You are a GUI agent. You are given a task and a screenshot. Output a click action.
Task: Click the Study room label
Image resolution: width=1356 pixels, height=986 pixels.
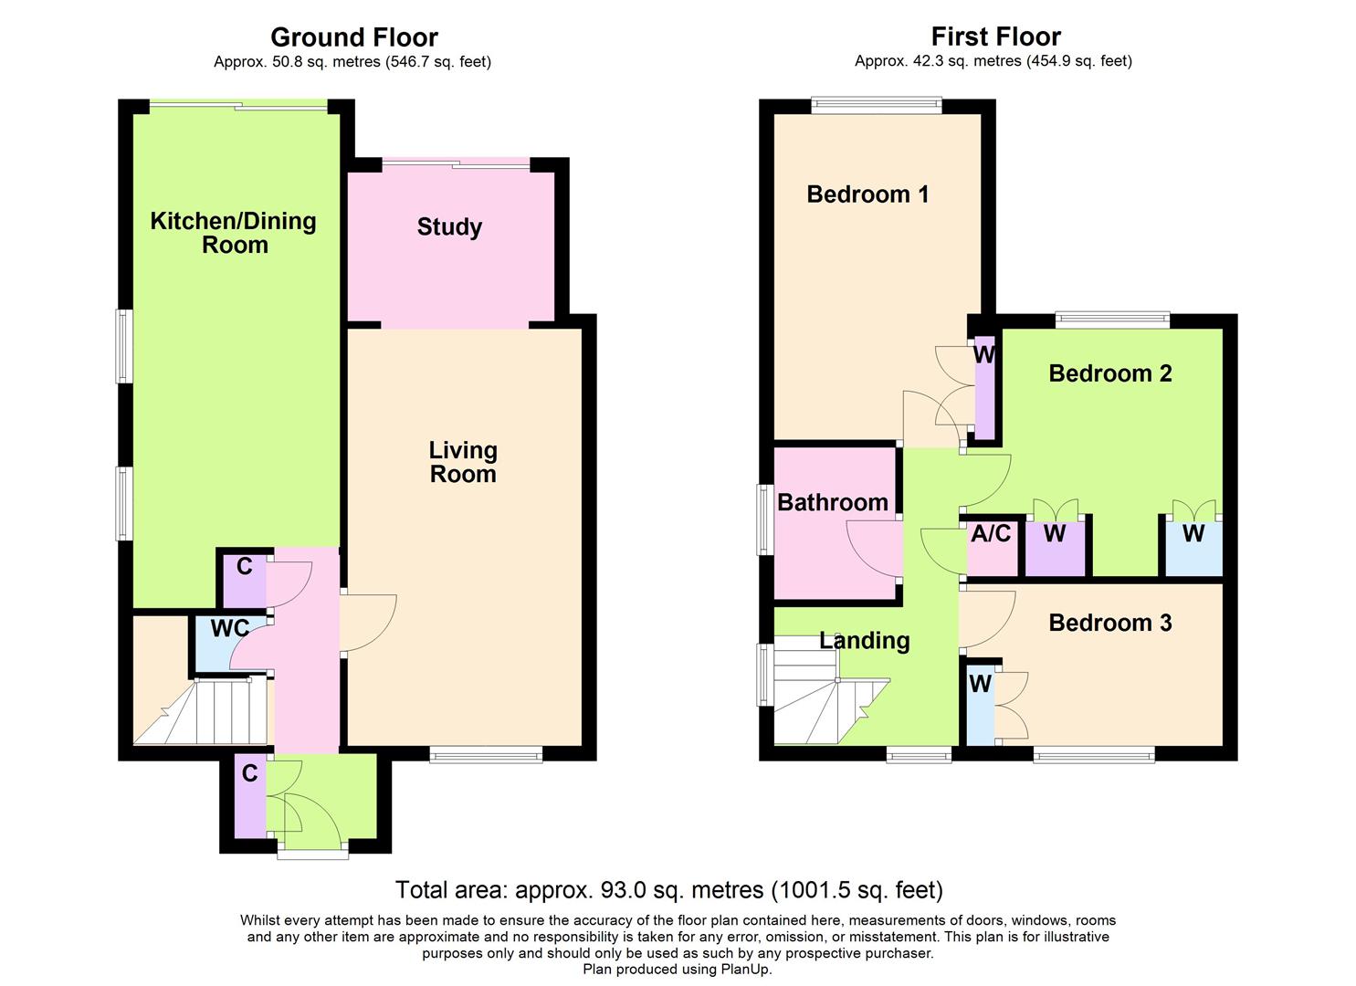click(449, 227)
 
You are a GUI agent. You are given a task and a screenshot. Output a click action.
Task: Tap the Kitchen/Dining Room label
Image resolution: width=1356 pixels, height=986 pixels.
click(234, 233)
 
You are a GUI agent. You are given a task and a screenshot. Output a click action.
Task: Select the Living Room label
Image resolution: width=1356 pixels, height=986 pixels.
click(463, 462)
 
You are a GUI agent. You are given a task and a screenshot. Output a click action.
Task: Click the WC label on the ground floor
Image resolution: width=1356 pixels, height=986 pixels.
click(229, 629)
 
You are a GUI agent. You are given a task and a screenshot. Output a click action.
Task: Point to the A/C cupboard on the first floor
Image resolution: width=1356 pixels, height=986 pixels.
click(991, 534)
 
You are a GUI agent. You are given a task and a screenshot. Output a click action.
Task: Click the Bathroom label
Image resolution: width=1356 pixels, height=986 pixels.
click(832, 502)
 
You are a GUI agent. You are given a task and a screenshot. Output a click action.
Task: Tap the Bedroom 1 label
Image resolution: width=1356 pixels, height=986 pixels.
click(867, 194)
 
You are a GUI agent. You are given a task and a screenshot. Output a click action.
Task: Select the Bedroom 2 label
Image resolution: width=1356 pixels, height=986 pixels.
click(1109, 373)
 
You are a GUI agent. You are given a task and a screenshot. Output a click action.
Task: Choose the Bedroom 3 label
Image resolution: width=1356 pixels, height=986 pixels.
click(1109, 623)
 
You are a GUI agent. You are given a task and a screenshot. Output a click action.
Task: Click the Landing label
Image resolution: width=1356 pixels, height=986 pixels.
click(864, 641)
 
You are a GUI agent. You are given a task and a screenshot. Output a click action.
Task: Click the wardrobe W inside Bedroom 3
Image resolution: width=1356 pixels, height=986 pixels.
click(980, 685)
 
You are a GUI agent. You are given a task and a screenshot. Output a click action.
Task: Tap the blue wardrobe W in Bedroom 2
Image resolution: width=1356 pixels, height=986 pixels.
click(1193, 535)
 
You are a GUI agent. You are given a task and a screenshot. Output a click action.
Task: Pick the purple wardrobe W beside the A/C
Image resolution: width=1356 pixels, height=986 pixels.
click(1055, 535)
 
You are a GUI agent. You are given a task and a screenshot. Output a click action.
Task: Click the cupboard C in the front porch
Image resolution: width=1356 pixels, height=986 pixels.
click(249, 774)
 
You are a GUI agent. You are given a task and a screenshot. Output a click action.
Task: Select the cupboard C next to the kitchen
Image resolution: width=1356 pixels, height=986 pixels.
click(244, 567)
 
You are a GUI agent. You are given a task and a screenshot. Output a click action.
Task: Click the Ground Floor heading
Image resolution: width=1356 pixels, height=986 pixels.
click(354, 37)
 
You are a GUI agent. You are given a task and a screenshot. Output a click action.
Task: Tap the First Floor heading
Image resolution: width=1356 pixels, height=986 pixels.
click(995, 37)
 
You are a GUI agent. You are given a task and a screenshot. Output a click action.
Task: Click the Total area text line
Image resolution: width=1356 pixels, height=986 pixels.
click(668, 890)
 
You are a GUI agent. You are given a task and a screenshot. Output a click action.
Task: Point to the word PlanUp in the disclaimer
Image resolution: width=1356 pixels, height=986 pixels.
click(746, 970)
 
